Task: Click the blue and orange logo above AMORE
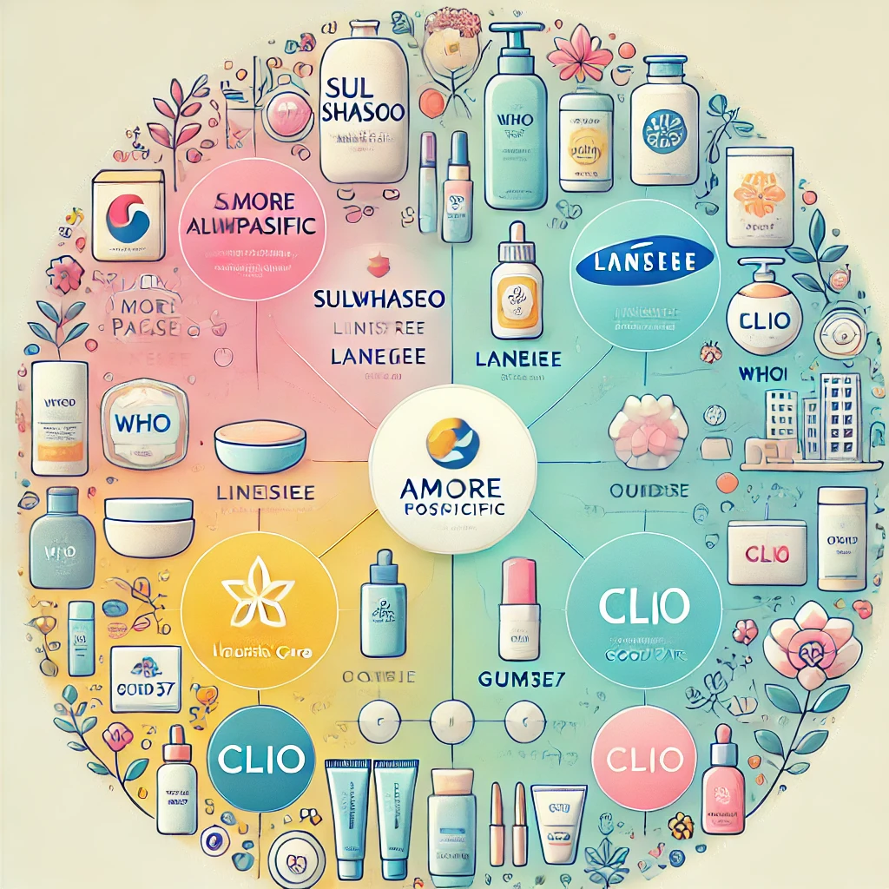click(452, 439)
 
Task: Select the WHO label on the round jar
click(142, 425)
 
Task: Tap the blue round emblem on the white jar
click(665, 125)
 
